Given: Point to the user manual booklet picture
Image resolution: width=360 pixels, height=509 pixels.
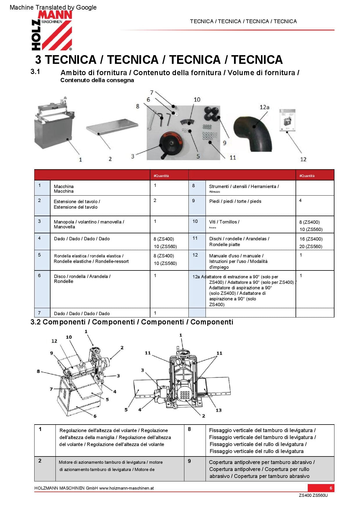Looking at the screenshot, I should [287, 120].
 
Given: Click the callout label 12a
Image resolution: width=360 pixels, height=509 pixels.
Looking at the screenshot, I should [264, 107].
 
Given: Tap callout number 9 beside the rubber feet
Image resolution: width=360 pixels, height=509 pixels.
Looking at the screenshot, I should [224, 143].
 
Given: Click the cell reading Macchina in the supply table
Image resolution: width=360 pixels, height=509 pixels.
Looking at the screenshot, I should [64, 189].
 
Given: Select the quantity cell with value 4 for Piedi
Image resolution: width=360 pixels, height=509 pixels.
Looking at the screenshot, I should [300, 201].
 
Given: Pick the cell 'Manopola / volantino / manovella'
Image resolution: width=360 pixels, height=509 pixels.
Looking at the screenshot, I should [89, 224].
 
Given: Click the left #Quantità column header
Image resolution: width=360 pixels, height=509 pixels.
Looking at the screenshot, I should [161, 176].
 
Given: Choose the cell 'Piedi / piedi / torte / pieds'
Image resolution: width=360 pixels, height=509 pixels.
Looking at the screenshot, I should [235, 201].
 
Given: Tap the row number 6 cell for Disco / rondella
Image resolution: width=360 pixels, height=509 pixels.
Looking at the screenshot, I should [39, 276].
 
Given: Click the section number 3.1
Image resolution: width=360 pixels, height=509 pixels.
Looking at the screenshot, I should [35, 72].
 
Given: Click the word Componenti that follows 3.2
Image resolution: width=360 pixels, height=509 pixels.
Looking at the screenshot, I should [64, 322].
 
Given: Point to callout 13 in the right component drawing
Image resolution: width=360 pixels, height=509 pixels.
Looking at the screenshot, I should [218, 410].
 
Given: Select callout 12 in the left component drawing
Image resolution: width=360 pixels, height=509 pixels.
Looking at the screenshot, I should [54, 341].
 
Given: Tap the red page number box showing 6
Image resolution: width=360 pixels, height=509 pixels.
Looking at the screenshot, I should [331, 488].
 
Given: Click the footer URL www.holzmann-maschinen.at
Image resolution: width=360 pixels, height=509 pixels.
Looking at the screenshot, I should [126, 488].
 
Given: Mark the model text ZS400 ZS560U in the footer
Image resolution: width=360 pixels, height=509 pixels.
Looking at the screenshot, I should [313, 495].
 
